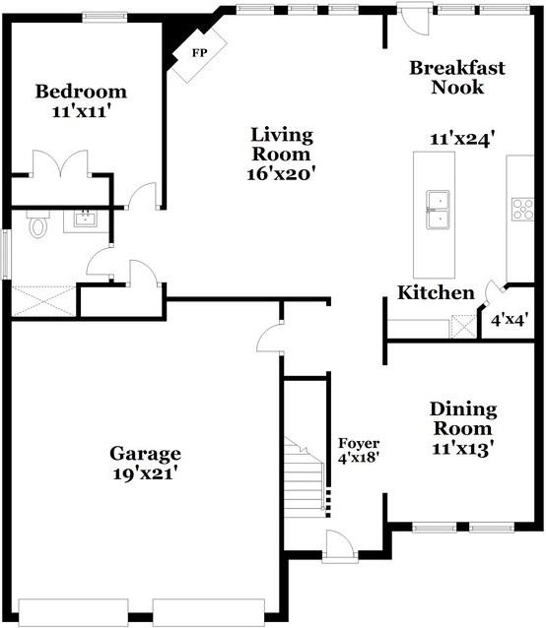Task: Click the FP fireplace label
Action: (x=199, y=53)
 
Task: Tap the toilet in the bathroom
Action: (x=38, y=224)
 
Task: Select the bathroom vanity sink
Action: (x=85, y=220)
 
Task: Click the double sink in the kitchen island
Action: (x=438, y=210)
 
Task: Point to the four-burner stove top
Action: (x=522, y=209)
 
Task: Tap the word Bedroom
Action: (x=81, y=92)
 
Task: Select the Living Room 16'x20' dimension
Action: (x=281, y=174)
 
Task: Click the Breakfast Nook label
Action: (x=457, y=78)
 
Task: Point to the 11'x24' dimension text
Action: (x=461, y=140)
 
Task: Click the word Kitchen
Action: (x=436, y=292)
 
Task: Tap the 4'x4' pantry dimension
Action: (x=510, y=320)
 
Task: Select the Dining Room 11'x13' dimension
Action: (x=462, y=449)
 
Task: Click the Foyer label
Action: (x=359, y=443)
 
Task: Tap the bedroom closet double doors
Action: (x=60, y=163)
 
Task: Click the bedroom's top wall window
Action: (x=104, y=16)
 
